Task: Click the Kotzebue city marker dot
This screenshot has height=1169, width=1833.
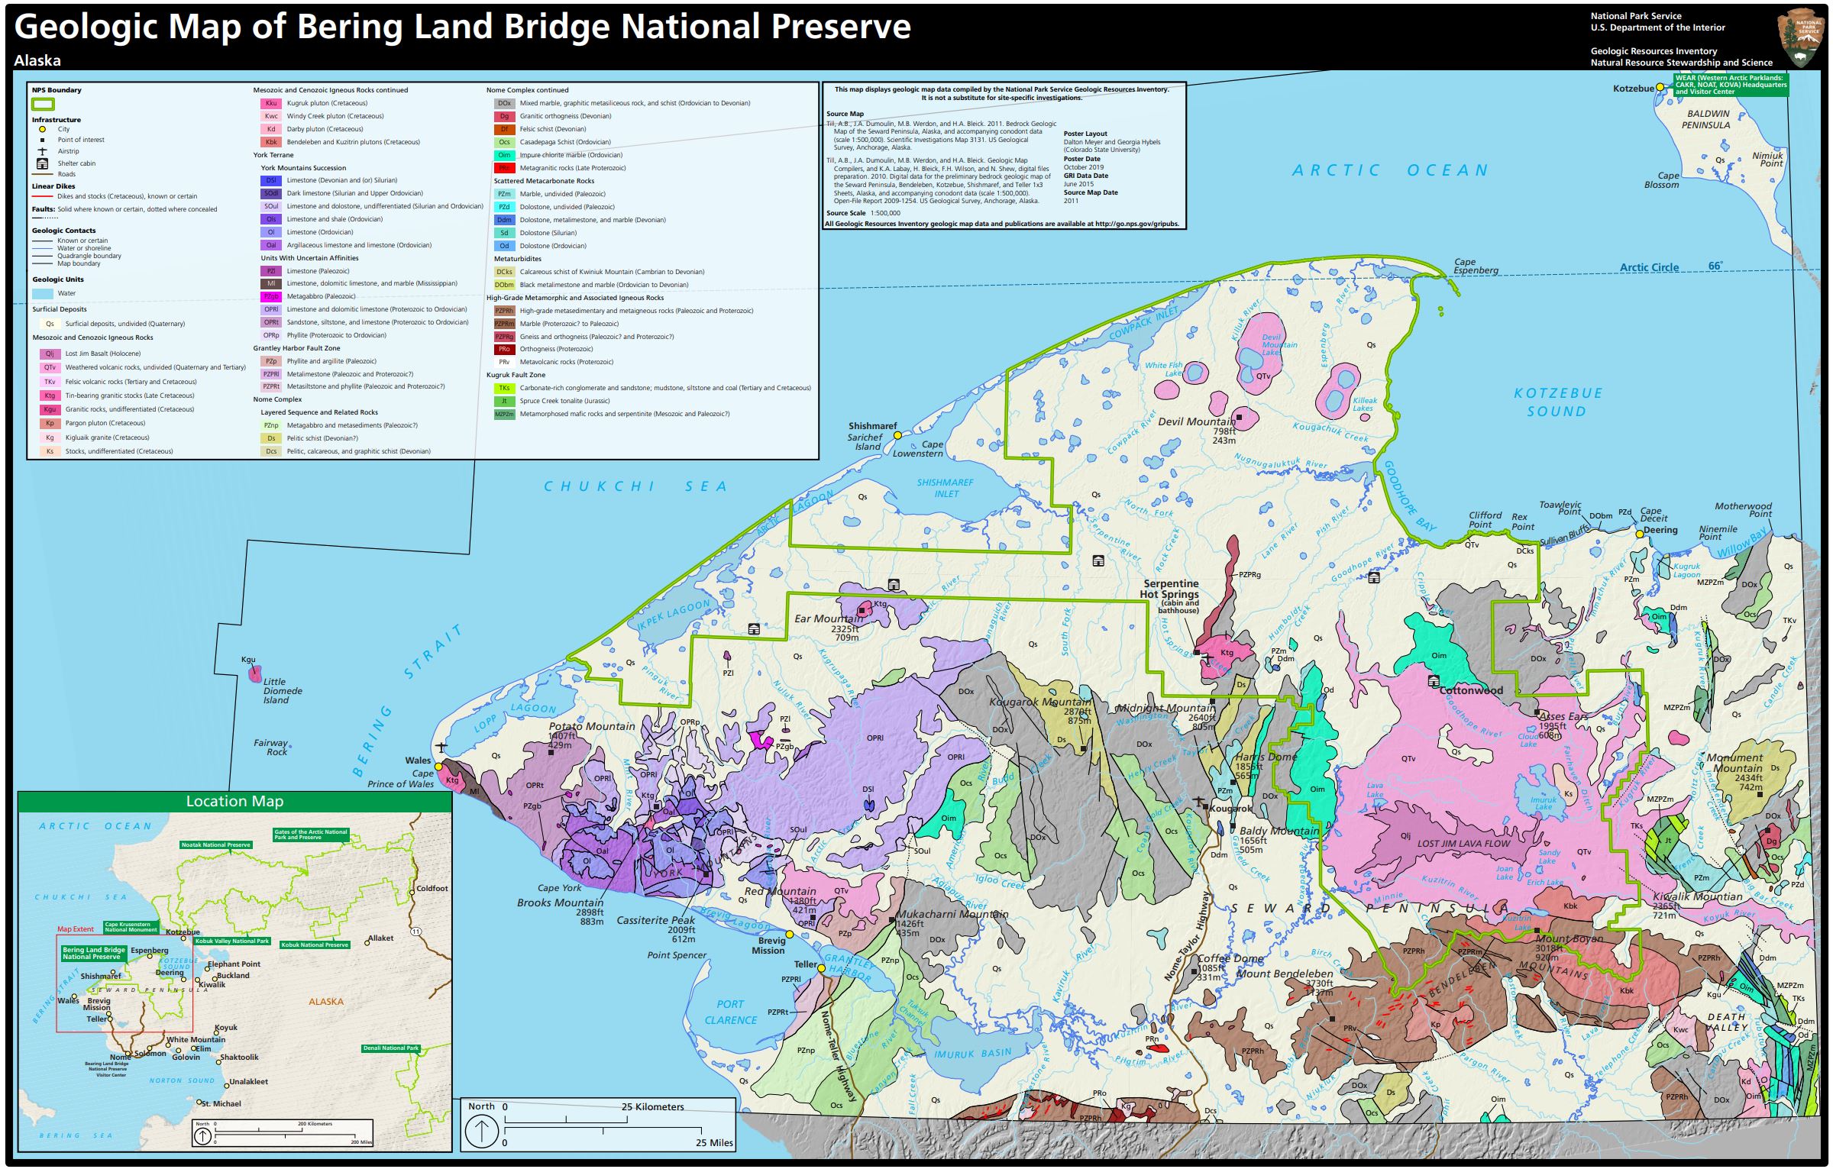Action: click(x=1659, y=88)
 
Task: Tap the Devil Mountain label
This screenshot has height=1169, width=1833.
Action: click(x=1196, y=421)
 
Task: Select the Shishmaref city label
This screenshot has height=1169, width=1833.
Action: click(x=872, y=426)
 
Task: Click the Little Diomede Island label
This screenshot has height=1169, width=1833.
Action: click(x=282, y=690)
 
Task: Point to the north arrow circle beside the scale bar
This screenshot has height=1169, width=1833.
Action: click(x=482, y=1131)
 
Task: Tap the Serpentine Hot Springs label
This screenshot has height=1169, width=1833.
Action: click(x=1170, y=589)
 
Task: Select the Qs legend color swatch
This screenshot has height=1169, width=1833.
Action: click(x=50, y=324)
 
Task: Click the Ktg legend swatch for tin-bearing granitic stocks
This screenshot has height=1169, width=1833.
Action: click(x=50, y=396)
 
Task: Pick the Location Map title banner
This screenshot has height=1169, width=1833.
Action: click(x=234, y=801)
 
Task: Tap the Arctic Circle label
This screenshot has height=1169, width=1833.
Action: click(x=1649, y=267)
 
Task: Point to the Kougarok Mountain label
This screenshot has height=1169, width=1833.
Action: click(x=1039, y=702)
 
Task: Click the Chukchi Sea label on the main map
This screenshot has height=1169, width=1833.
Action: click(x=635, y=486)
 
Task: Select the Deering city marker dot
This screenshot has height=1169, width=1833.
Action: click(x=1639, y=534)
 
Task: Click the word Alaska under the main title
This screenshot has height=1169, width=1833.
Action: click(x=37, y=60)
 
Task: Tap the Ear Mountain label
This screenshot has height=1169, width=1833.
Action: click(x=828, y=618)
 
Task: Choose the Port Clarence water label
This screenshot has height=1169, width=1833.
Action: click(x=730, y=1012)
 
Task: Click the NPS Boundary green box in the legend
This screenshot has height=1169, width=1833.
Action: click(x=43, y=104)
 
